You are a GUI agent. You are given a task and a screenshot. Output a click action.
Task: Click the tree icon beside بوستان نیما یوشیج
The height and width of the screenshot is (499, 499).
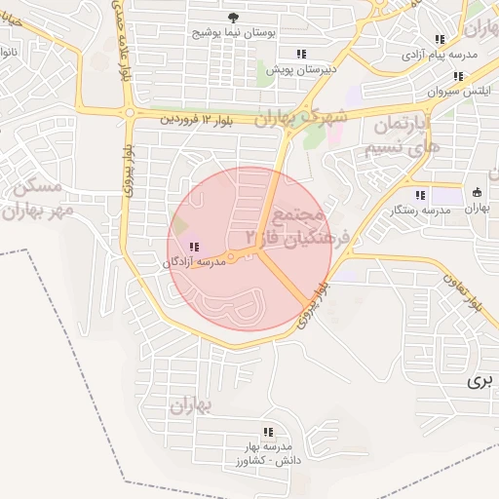[232, 18]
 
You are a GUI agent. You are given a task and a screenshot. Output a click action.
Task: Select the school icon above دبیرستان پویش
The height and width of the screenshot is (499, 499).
[301, 53]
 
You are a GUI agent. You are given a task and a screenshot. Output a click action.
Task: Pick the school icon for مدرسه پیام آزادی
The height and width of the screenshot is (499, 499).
[441, 39]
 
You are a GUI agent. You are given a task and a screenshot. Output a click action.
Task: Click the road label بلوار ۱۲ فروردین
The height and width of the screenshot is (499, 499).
[198, 119]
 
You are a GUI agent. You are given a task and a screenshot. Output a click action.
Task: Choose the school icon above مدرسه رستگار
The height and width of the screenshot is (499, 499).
[420, 194]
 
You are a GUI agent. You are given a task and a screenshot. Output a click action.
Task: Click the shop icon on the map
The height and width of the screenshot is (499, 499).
[477, 192]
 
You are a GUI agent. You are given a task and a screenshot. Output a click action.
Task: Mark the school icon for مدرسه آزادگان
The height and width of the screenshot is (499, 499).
[194, 247]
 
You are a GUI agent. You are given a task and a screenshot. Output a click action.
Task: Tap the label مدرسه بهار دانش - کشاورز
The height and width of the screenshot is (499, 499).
[269, 453]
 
